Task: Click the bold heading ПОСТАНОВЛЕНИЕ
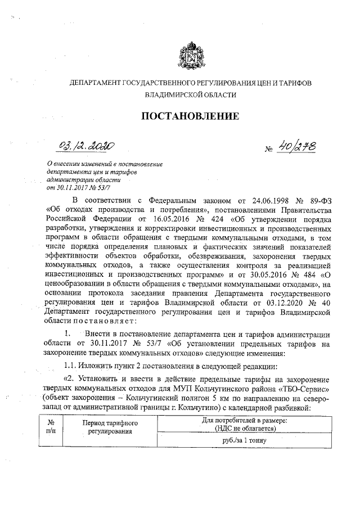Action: (190, 117)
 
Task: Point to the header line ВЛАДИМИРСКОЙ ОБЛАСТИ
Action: (190, 96)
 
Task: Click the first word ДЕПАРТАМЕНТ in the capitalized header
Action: (92, 82)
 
